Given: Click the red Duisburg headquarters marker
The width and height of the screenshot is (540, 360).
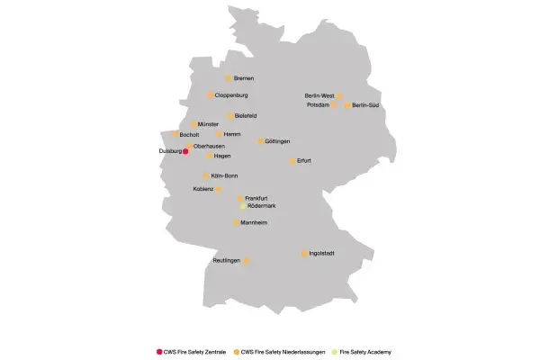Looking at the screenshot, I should (185, 152).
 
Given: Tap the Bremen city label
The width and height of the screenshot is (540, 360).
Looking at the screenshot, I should (243, 79).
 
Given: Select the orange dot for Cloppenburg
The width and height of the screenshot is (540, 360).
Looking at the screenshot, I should (211, 94).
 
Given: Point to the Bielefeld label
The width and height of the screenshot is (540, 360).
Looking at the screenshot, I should (246, 116).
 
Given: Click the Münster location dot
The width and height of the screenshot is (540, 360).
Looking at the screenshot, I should (193, 124).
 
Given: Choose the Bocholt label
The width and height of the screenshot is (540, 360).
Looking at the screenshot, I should (190, 135).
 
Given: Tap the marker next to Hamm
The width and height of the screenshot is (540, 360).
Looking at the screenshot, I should (218, 134).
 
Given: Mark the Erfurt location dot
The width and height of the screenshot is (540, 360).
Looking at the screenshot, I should (292, 160).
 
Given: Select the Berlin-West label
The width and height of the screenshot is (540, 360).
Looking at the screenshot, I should (319, 95).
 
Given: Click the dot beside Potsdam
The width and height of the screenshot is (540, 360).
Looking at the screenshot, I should (334, 105).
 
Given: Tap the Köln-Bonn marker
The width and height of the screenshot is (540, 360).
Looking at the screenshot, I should (206, 175).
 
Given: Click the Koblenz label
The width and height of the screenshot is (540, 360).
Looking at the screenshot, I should (202, 189).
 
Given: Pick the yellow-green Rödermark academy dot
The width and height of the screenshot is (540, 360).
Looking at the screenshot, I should (241, 206).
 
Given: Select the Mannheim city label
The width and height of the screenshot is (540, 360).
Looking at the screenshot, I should (255, 222).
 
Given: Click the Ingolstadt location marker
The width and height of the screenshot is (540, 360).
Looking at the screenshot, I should (304, 254).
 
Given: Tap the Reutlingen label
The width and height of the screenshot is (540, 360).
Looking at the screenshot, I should (227, 261).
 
